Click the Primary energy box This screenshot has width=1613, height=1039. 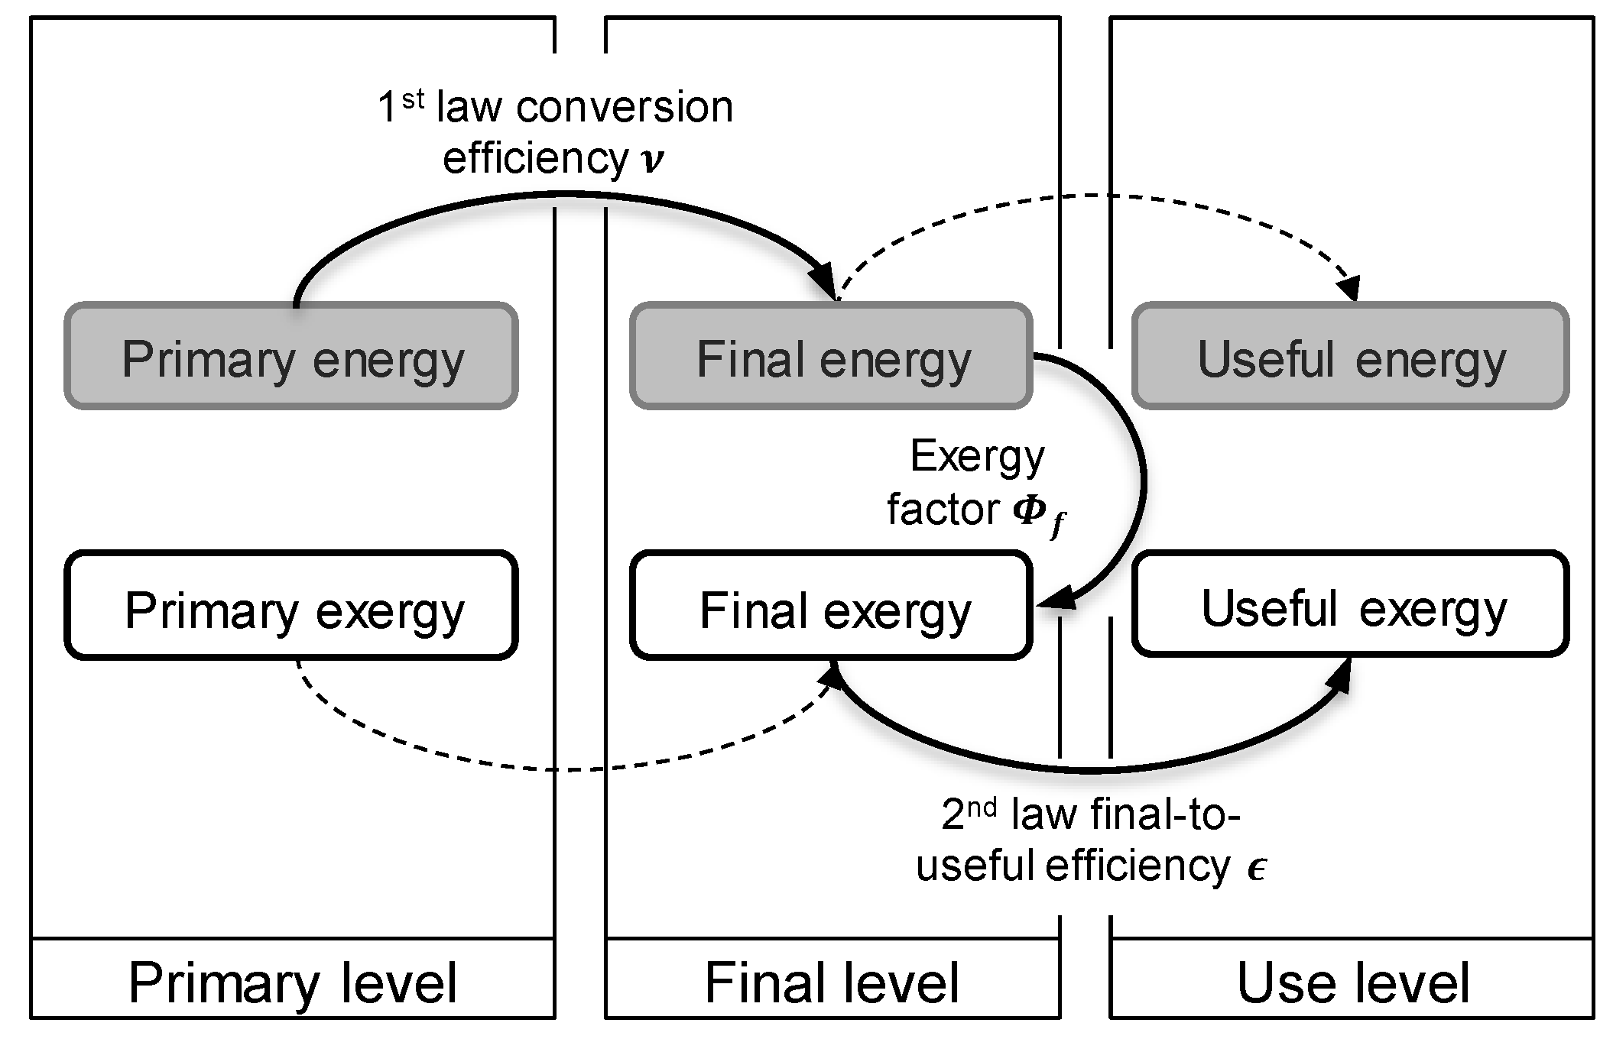coord(291,357)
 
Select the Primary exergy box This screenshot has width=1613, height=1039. coord(291,606)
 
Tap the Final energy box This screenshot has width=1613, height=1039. coord(831,357)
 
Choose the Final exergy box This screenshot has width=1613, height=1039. coord(831,606)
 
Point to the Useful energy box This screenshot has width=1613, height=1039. coord(1350,357)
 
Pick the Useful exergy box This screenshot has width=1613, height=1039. coord(1350,604)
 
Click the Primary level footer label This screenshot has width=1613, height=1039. coord(293,982)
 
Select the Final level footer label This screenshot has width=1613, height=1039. coord(832,982)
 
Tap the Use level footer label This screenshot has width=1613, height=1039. coord(1352,982)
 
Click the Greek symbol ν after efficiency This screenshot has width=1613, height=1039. coord(652,160)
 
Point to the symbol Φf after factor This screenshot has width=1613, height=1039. coord(1038,514)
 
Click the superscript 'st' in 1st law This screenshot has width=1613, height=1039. coord(413,99)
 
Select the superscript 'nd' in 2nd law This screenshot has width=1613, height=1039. coord(981,808)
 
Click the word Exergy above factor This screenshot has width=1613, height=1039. coord(977,457)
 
